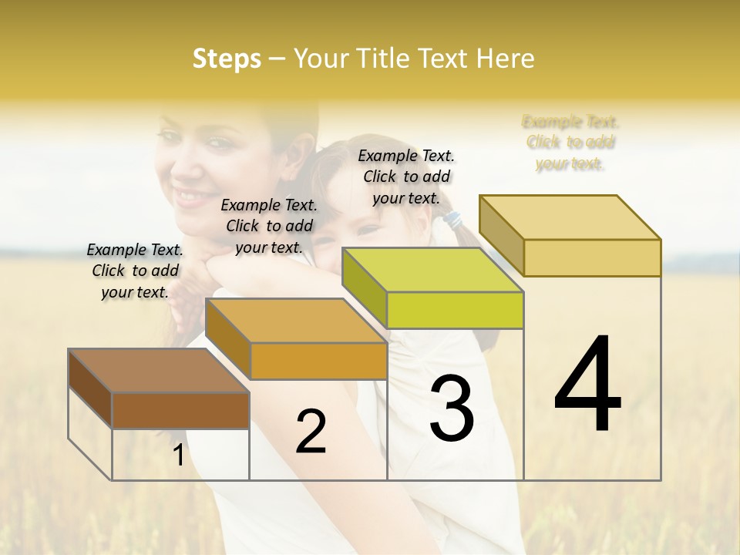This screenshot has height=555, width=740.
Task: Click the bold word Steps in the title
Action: point(226,59)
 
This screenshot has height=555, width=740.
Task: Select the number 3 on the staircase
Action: point(452,409)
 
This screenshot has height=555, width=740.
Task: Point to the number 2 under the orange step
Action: point(311,432)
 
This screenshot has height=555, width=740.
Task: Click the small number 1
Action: point(178,456)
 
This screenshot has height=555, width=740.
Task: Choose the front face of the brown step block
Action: point(180,410)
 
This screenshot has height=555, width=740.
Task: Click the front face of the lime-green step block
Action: point(455,310)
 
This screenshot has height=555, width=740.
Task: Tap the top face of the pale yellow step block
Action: point(570,217)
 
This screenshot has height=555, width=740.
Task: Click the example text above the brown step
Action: point(135,271)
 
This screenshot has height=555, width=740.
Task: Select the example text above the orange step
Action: point(269,226)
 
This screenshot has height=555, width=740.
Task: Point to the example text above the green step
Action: point(406,177)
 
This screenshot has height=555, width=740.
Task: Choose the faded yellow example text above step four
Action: point(570,142)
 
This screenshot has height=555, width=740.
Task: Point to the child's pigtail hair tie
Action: point(452,220)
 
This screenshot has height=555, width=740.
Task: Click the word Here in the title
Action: point(506,59)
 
